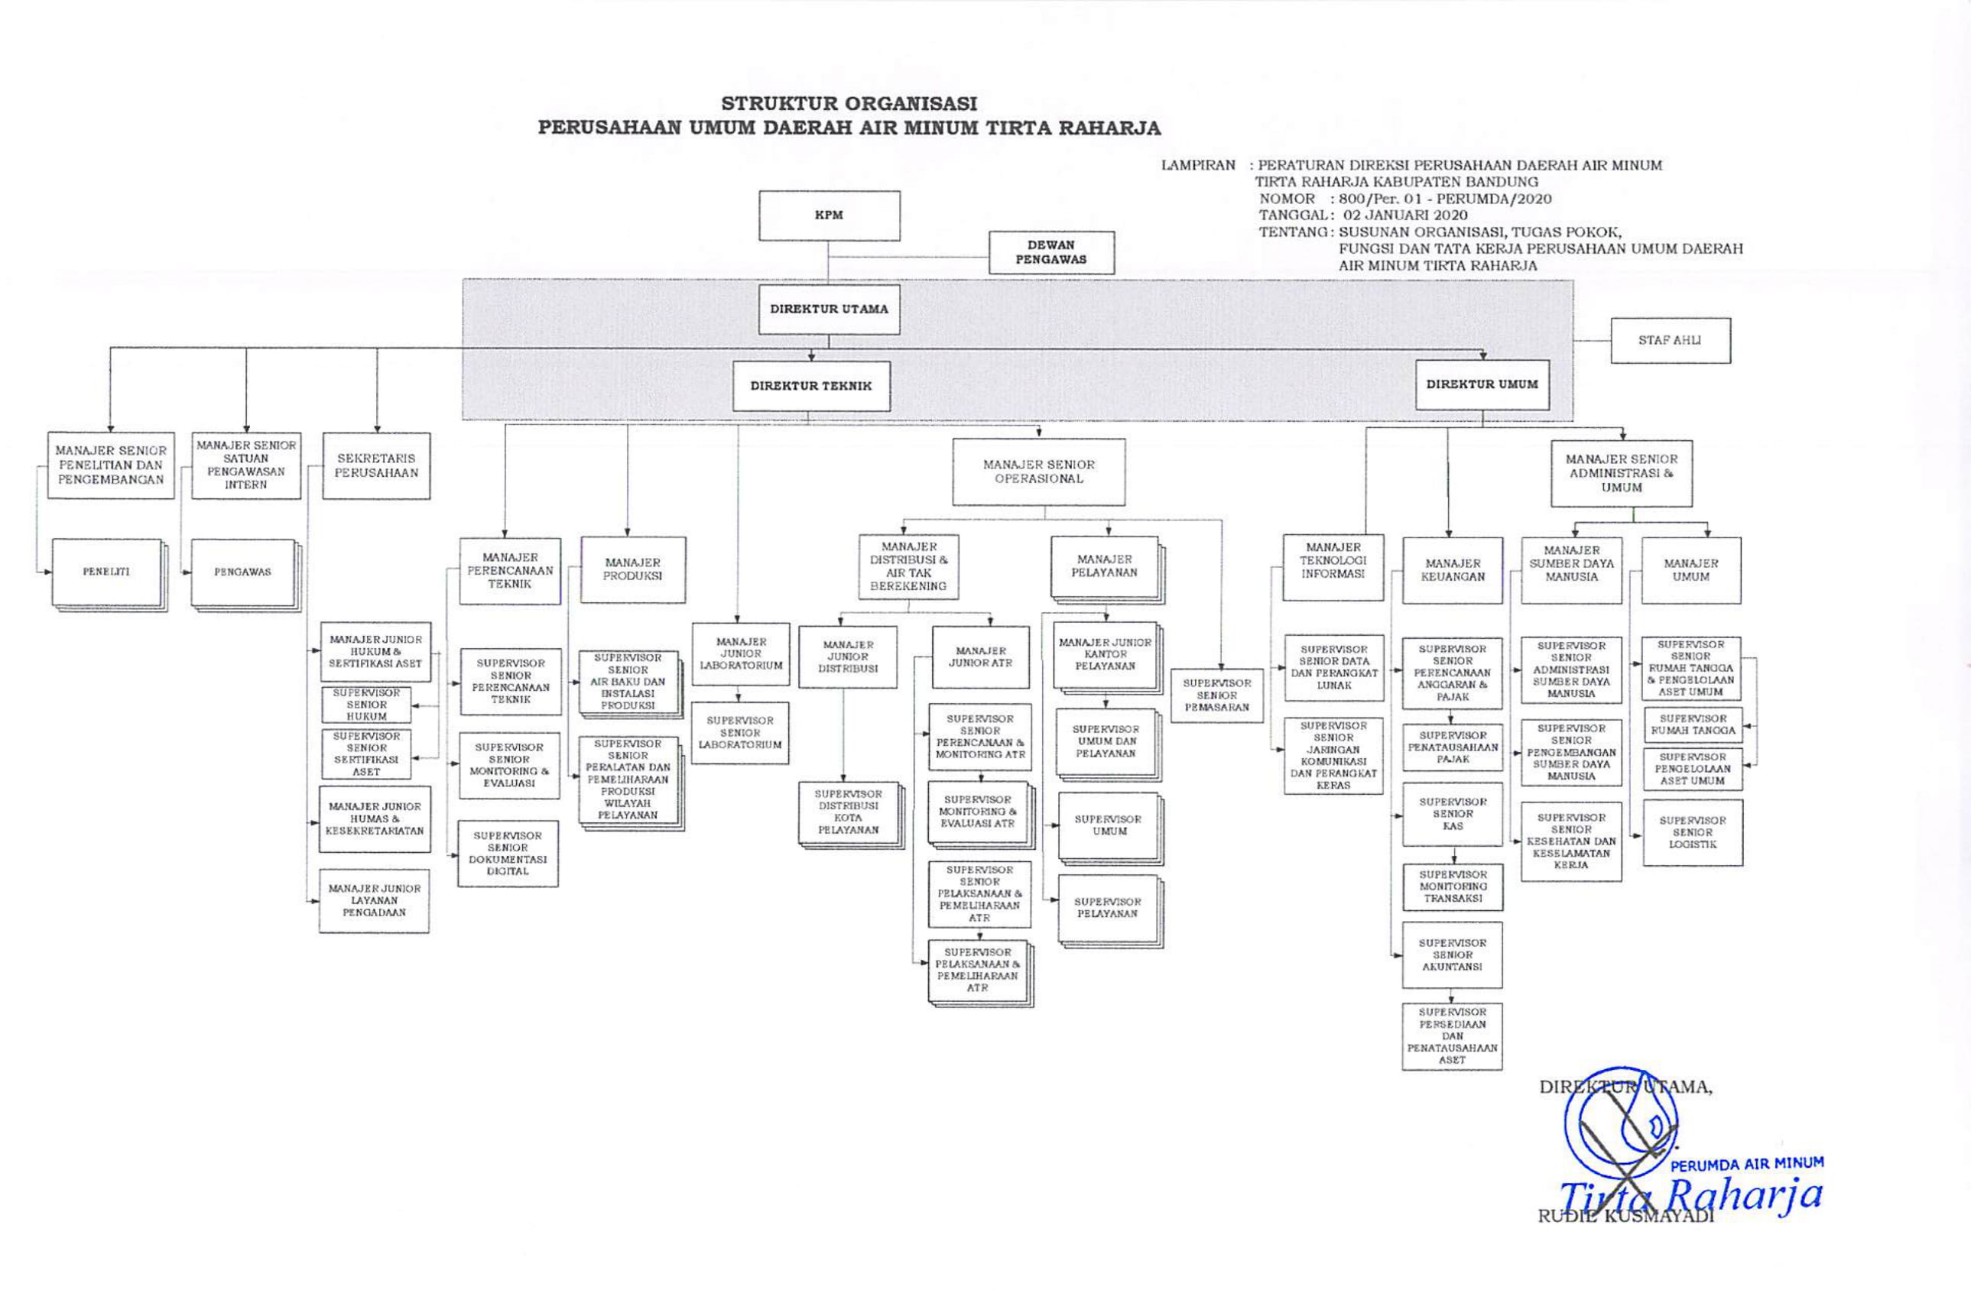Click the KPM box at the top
pos(829,216)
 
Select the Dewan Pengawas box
pos(1051,252)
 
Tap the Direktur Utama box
pos(829,309)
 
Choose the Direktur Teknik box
pos(810,386)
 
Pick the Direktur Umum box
pos(1482,384)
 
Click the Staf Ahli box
pos(1670,340)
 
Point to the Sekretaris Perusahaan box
pos(376,465)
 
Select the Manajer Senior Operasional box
pos(1038,472)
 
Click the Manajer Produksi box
pos(633,569)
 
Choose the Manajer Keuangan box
pos(1453,570)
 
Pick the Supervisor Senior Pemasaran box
pos(1216,695)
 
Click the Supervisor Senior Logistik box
pos(1693,833)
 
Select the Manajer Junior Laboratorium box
pos(740,654)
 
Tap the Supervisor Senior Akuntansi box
pos(1452,955)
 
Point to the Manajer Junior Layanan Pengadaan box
pos(375,901)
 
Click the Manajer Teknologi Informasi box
pos(1333,567)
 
